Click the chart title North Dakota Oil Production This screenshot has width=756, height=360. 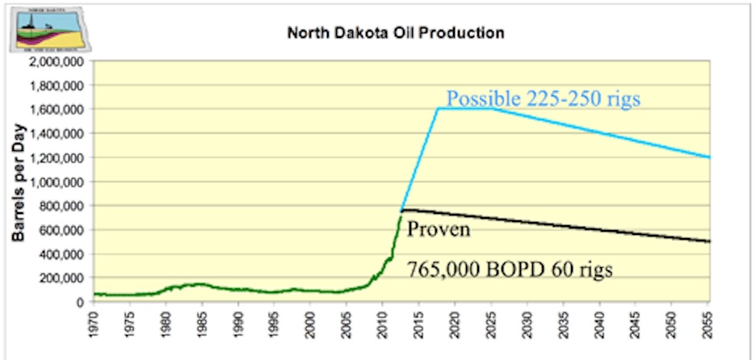pyautogui.click(x=396, y=34)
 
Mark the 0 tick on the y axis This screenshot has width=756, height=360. pyautogui.click(x=83, y=303)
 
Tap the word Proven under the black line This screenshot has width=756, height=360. pyautogui.click(x=439, y=229)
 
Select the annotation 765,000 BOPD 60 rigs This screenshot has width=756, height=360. pyautogui.click(x=509, y=270)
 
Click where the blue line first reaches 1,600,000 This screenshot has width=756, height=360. pyautogui.click(x=438, y=109)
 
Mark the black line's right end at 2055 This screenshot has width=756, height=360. pyautogui.click(x=709, y=241)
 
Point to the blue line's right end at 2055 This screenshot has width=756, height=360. pyautogui.click(x=709, y=157)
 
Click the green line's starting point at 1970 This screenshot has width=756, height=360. pyautogui.click(x=94, y=294)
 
